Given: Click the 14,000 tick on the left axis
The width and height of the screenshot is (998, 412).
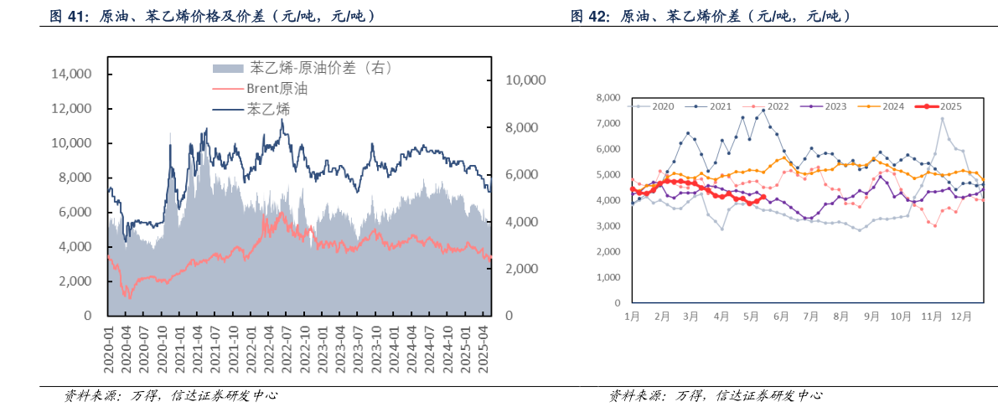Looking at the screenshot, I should (71, 75).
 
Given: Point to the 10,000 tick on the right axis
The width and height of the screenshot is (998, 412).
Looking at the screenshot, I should (525, 80).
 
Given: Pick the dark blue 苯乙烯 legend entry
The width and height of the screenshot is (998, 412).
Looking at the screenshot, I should (268, 109).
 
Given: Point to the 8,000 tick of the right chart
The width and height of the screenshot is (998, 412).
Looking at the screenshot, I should (609, 98).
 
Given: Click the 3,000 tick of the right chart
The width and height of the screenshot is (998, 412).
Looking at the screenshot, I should (609, 226).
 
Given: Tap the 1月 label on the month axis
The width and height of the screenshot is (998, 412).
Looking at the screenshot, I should (633, 317).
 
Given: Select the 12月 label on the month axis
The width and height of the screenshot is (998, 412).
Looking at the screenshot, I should (961, 317).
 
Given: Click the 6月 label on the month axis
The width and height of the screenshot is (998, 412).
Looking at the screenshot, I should (781, 317).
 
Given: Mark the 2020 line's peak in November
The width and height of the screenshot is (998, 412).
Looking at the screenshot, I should (942, 118).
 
